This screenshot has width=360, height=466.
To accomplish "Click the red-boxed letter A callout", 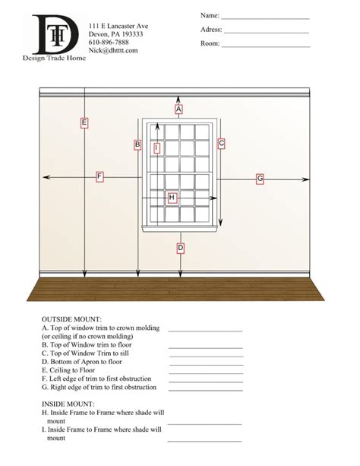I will tap(178, 109).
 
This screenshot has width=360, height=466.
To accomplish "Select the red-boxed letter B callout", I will tap(137, 144).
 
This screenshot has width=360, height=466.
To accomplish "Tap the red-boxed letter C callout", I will tap(221, 143).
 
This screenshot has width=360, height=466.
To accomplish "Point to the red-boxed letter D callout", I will tap(180, 248).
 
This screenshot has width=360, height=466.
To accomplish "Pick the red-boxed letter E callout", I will tap(84, 122).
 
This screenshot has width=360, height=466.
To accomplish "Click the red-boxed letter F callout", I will tap(99, 176).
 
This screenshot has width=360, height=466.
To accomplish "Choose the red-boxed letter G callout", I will tap(260, 179).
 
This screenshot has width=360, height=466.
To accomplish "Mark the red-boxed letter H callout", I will tap(172, 198).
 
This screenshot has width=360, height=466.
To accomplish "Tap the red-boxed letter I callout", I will tap(156, 148).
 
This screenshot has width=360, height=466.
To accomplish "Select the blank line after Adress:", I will tap(266, 33).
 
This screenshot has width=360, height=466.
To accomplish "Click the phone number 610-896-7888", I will tap(109, 43).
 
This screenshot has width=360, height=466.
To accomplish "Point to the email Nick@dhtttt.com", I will tap(113, 51).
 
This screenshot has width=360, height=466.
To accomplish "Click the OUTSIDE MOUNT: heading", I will tap(71, 319).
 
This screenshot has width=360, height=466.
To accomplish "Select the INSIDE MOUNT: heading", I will tap(68, 404).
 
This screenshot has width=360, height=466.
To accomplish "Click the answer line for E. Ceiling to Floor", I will tap(205, 372).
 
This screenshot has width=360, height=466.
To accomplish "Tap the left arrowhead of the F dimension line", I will tap(46, 176).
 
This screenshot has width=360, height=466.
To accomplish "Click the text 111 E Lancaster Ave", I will tap(118, 26).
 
